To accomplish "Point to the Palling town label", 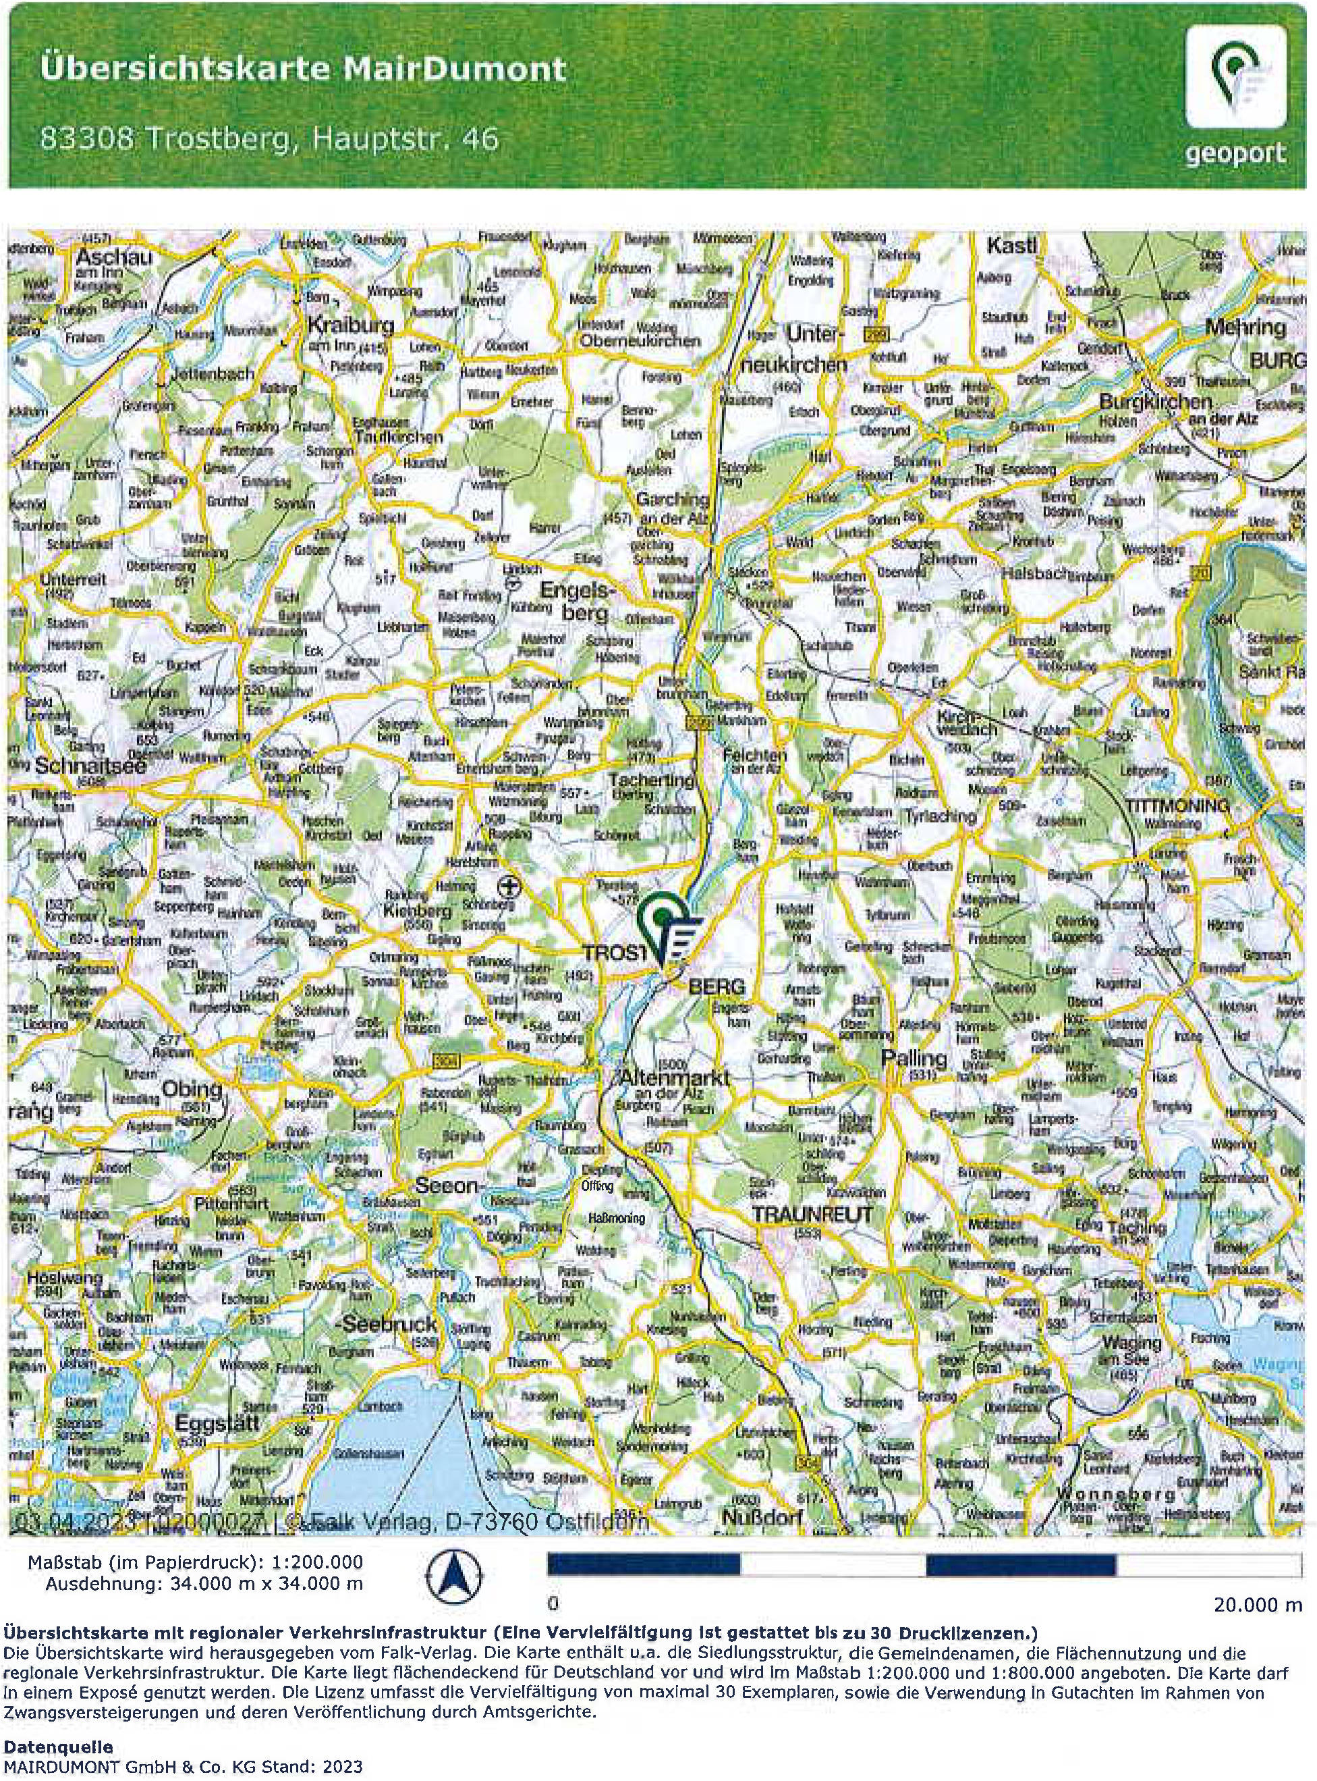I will point(914,1059).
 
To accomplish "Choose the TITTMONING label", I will point(1177,805).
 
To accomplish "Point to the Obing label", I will point(192,1090).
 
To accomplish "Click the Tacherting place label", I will point(651,780).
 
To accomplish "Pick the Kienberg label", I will point(417,910).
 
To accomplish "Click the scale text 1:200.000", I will point(316,1562).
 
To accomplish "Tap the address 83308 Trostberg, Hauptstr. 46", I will point(269,139).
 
